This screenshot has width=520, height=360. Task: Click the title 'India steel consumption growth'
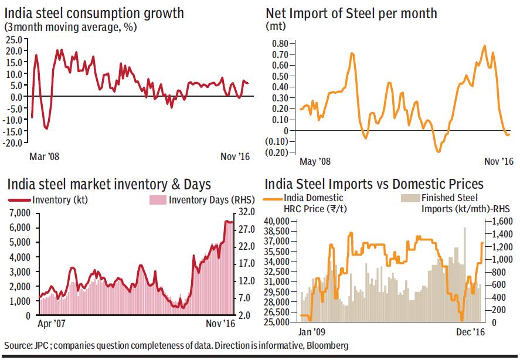tap(94, 13)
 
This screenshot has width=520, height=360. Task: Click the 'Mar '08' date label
tap(44, 157)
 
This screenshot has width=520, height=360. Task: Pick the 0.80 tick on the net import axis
tap(278, 43)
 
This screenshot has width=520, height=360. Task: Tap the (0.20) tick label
tap(276, 152)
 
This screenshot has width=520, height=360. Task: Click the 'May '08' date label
tap(314, 162)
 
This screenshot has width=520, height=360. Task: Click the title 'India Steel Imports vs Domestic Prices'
tap(374, 184)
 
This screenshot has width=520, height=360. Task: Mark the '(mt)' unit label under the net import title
tap(275, 26)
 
